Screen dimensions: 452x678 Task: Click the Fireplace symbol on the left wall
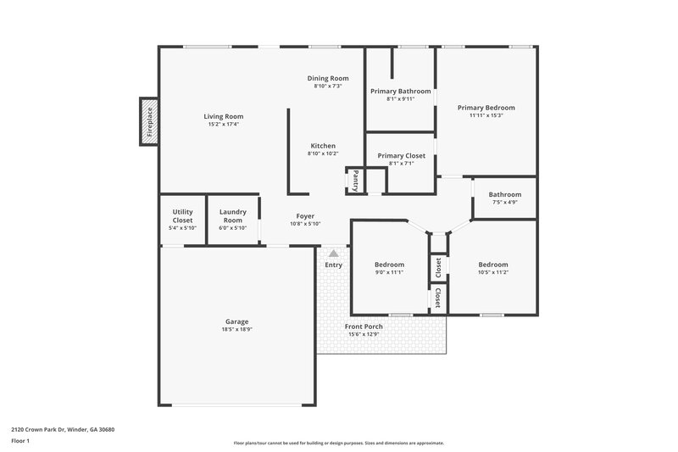[x=148, y=120]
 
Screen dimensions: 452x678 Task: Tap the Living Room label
[x=224, y=116]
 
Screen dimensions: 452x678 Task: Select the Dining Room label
[x=327, y=78]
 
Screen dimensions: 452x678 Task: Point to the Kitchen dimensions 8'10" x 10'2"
[x=322, y=153]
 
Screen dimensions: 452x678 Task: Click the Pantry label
[x=356, y=181]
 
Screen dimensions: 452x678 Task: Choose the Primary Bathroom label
[x=400, y=91]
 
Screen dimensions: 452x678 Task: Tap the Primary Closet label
[x=401, y=156]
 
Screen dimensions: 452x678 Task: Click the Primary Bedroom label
[x=486, y=108]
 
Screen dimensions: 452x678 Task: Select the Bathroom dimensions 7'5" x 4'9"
[x=504, y=202]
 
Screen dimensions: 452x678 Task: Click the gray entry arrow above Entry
[x=334, y=253]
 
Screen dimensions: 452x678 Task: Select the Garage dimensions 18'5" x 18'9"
[x=236, y=329]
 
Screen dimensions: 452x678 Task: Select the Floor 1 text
[x=20, y=442]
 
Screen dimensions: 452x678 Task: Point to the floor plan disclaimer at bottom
[x=338, y=443]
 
